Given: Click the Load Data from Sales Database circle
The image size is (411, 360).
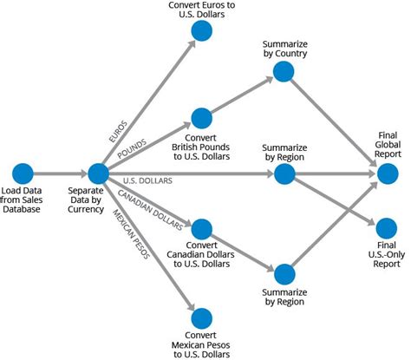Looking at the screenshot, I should tap(23, 173).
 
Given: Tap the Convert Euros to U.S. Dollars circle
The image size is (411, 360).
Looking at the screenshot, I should tap(201, 32).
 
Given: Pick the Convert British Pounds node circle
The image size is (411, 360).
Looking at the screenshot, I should tap(201, 117).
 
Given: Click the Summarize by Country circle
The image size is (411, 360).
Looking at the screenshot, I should tap(284, 72).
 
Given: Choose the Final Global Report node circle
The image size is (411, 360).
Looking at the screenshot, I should tap(387, 173).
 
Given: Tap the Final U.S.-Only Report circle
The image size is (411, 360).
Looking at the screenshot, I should tap(387, 229).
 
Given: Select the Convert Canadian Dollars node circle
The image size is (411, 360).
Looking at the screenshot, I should tap(201, 230).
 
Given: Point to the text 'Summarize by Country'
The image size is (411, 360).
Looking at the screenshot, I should tap(284, 49).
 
